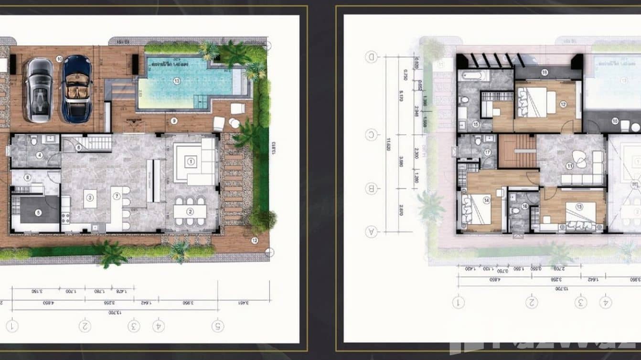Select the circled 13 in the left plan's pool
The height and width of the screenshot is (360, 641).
click(177, 81)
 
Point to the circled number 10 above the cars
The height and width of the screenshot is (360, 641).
click(59, 59)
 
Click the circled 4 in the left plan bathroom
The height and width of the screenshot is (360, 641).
click(40, 155)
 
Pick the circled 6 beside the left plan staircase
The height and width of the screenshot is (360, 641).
click(79, 148)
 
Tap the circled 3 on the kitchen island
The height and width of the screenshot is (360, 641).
click(89, 196)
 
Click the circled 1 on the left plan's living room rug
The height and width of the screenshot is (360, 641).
click(191, 161)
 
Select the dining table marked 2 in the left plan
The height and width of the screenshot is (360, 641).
click(190, 211)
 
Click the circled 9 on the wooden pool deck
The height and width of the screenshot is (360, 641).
click(174, 121)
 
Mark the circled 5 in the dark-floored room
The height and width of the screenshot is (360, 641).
click(39, 212)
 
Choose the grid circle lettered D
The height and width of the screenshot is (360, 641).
click(372, 57)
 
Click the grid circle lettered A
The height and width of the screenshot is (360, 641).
click(372, 232)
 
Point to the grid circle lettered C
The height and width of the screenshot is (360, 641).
click(372, 135)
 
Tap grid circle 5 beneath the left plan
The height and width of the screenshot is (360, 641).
click(218, 326)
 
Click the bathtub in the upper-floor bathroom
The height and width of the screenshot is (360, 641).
click(473, 75)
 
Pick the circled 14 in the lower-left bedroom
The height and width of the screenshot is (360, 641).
click(486, 201)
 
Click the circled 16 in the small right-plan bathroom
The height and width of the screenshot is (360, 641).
click(524, 206)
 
